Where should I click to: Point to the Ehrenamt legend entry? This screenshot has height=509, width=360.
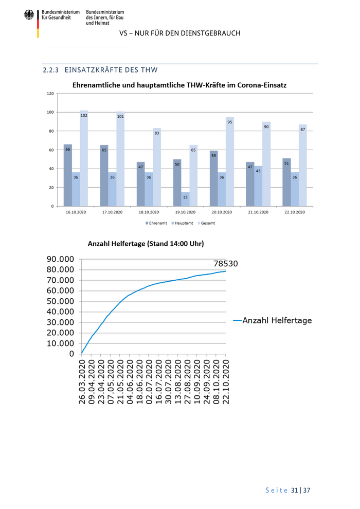[x=156, y=223]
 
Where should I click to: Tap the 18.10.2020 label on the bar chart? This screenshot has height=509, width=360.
[x=149, y=212]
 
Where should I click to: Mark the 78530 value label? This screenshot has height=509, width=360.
[x=226, y=264]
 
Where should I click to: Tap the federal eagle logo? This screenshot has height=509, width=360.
[x=29, y=16]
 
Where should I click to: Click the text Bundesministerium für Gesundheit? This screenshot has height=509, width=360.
[x=61, y=14]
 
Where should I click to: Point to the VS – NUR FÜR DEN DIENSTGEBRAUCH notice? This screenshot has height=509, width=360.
[x=179, y=33]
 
